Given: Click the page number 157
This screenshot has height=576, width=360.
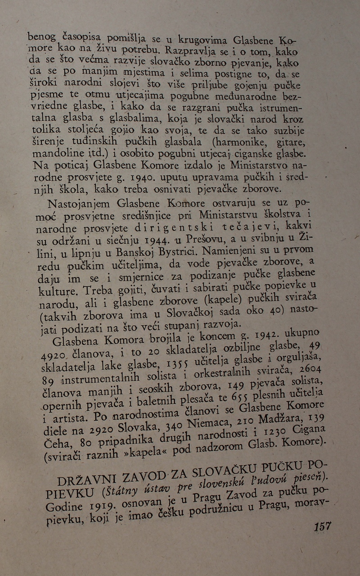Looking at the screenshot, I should click(x=322, y=526).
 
